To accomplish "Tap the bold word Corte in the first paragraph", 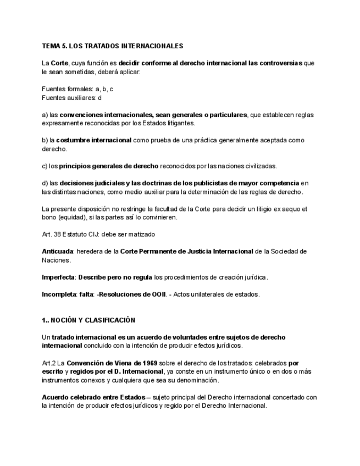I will pos(59,63).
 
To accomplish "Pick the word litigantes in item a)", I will pos(163,123).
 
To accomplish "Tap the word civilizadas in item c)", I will pos(258,166).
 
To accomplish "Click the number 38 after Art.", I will pos(57,234).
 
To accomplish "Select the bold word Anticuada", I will pos(58,251).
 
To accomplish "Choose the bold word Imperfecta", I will pos(58,277).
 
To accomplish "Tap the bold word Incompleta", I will pos(59,294).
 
